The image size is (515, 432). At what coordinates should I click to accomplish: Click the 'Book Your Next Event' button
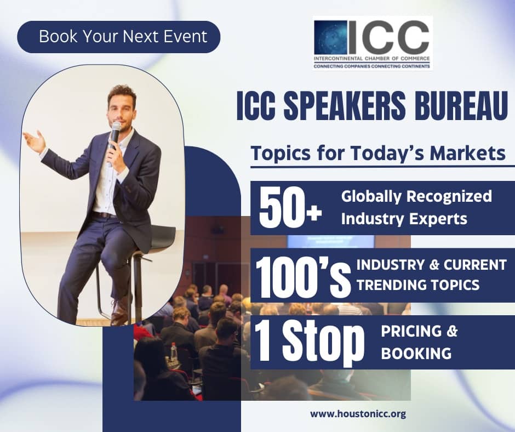[118, 37]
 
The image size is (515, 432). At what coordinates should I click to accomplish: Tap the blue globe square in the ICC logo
[330, 37]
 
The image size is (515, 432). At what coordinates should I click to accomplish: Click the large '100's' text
[304, 276]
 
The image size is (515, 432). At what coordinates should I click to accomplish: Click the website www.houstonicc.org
[358, 413]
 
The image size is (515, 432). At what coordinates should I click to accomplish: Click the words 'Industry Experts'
[404, 219]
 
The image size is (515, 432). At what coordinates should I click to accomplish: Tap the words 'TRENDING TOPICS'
[418, 285]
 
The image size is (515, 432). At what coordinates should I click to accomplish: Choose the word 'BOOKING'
[416, 354]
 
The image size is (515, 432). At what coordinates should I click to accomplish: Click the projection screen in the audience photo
[330, 242]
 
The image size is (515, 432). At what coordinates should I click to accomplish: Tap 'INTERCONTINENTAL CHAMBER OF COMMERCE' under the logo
[371, 59]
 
